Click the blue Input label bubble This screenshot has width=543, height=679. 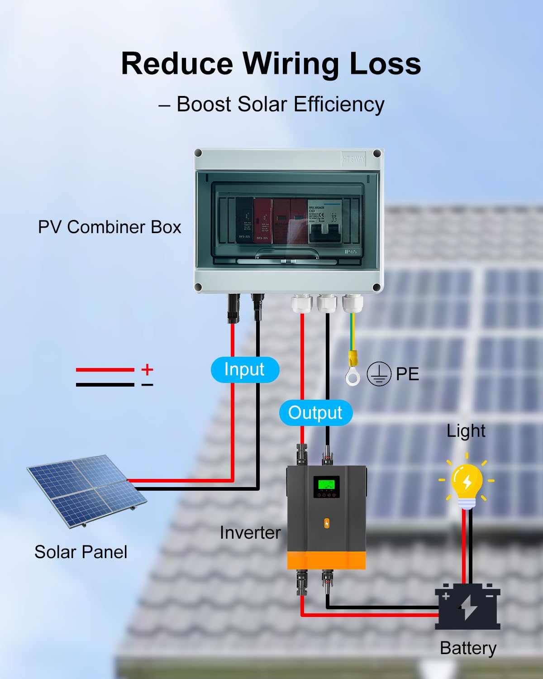245,369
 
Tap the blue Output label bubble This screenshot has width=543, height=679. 315,413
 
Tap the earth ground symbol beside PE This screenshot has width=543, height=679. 378,374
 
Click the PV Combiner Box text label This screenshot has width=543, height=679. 110,227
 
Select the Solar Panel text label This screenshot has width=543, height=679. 81,552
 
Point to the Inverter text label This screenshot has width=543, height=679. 250,533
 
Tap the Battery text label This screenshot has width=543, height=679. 468,648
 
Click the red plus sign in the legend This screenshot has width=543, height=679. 147,369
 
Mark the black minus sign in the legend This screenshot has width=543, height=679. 147,385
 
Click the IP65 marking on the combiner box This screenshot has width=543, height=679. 351,252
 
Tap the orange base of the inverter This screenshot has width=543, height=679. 326,560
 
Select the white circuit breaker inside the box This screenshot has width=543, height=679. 324,222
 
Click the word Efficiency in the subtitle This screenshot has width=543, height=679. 339,104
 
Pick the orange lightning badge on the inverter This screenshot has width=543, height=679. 327,523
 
